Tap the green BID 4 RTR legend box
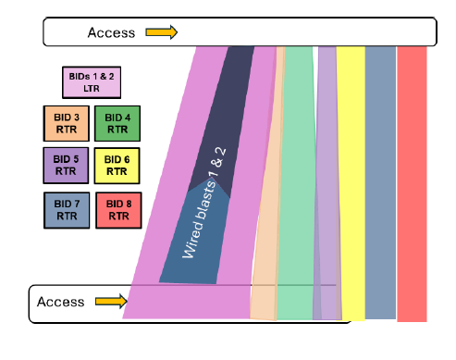coord(117,123)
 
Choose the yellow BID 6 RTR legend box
coord(117,165)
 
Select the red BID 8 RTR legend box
coord(117,208)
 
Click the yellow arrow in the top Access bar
coord(161,32)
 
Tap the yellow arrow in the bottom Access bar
coord(109,302)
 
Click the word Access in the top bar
coord(111,32)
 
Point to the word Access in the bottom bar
coord(60,302)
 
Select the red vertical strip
coord(412,185)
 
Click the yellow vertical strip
coord(351,185)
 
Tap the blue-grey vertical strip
coord(380,185)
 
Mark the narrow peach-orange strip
coord(268,204)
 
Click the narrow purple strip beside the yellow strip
coord(327,185)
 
